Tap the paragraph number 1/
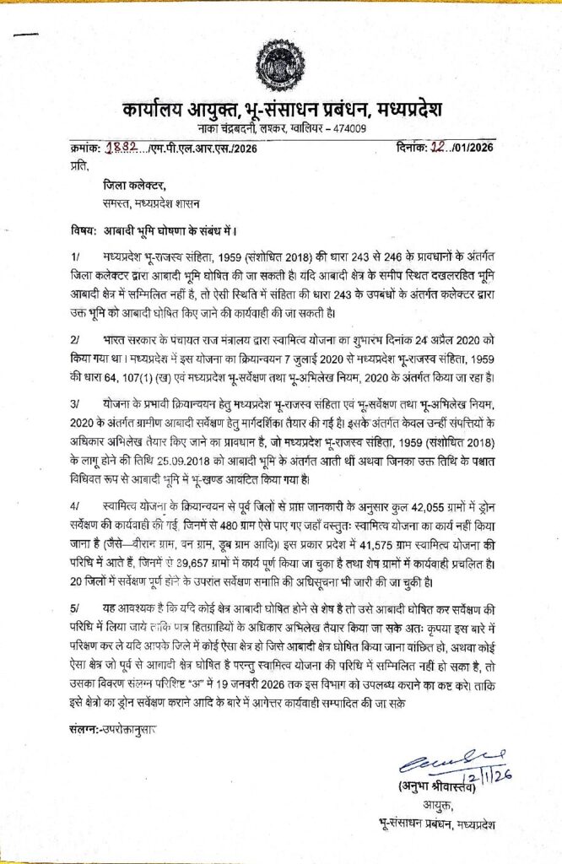pyautogui.click(x=76, y=254)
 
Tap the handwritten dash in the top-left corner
pyautogui.click(x=28, y=35)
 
